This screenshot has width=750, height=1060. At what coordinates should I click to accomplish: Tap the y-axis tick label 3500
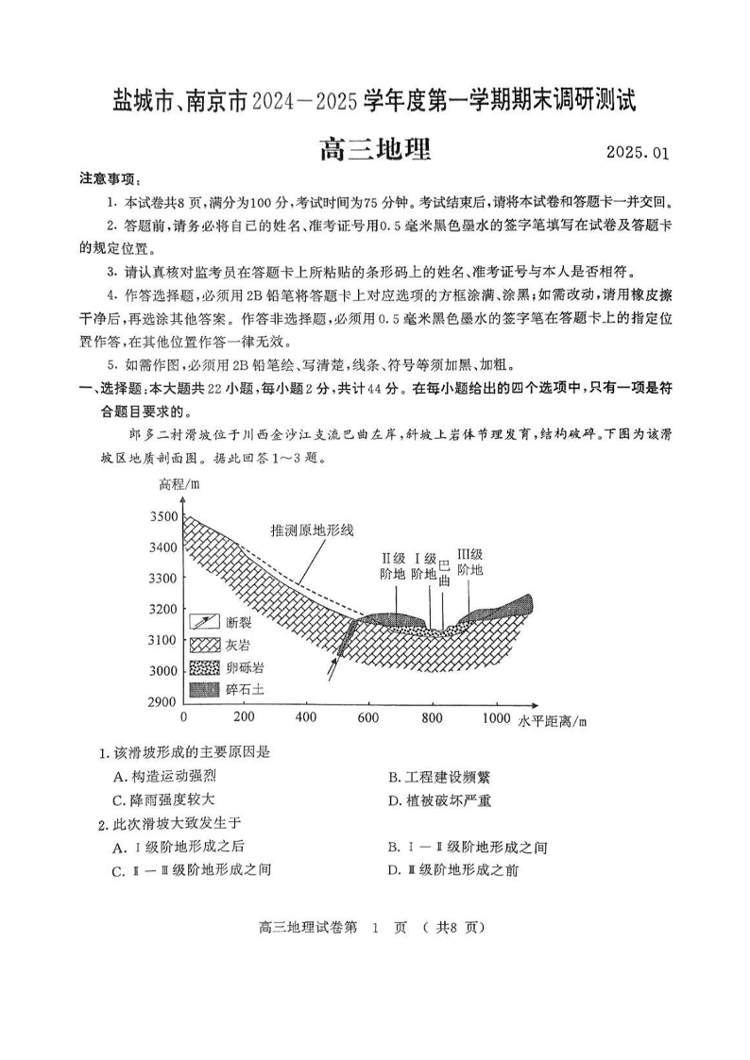[163, 516]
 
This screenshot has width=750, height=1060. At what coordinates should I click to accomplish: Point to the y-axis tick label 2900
[163, 701]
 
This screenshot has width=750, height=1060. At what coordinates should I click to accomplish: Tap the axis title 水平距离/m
[553, 722]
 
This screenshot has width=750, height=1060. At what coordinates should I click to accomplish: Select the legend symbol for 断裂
[204, 622]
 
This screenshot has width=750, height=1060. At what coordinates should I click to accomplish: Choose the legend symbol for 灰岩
[204, 645]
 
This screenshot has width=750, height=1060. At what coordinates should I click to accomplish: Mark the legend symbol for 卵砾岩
[204, 667]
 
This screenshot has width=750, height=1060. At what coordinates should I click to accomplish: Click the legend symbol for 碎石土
[204, 690]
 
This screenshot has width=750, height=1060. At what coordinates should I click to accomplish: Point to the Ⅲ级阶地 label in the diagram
[469, 563]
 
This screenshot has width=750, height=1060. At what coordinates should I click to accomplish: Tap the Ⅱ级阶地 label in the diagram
[393, 565]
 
